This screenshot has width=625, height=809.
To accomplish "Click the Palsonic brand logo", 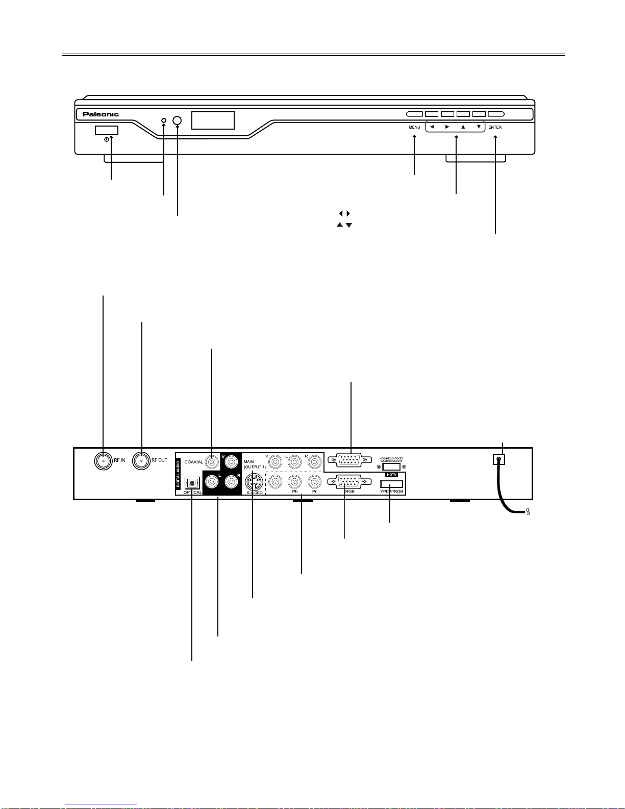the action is (101, 114).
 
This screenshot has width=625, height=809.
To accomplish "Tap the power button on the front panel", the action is (106, 131).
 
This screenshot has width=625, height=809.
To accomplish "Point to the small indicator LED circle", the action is (164, 120).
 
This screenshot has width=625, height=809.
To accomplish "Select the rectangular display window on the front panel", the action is (213, 120).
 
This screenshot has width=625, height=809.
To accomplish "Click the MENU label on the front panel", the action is (414, 127).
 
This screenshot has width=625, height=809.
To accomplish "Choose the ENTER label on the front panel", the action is (495, 127).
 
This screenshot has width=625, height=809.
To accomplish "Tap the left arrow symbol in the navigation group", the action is (432, 127).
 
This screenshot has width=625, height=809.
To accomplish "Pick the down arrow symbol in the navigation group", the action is (479, 127).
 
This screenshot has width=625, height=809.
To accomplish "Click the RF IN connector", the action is (104, 460).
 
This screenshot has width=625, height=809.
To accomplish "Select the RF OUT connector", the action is (141, 460).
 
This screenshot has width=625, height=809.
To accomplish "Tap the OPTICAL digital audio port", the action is (192, 482).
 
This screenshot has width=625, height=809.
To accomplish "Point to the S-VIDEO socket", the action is (254, 482).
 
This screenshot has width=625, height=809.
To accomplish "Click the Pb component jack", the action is (295, 481).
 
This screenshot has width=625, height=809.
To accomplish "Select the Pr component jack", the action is (314, 481).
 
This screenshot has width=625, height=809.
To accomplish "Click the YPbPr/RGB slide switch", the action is (391, 484).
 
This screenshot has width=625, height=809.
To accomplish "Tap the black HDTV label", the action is (391, 475).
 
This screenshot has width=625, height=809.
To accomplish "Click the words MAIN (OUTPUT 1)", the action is (254, 464).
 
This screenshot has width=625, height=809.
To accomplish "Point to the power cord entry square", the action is (499, 459).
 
